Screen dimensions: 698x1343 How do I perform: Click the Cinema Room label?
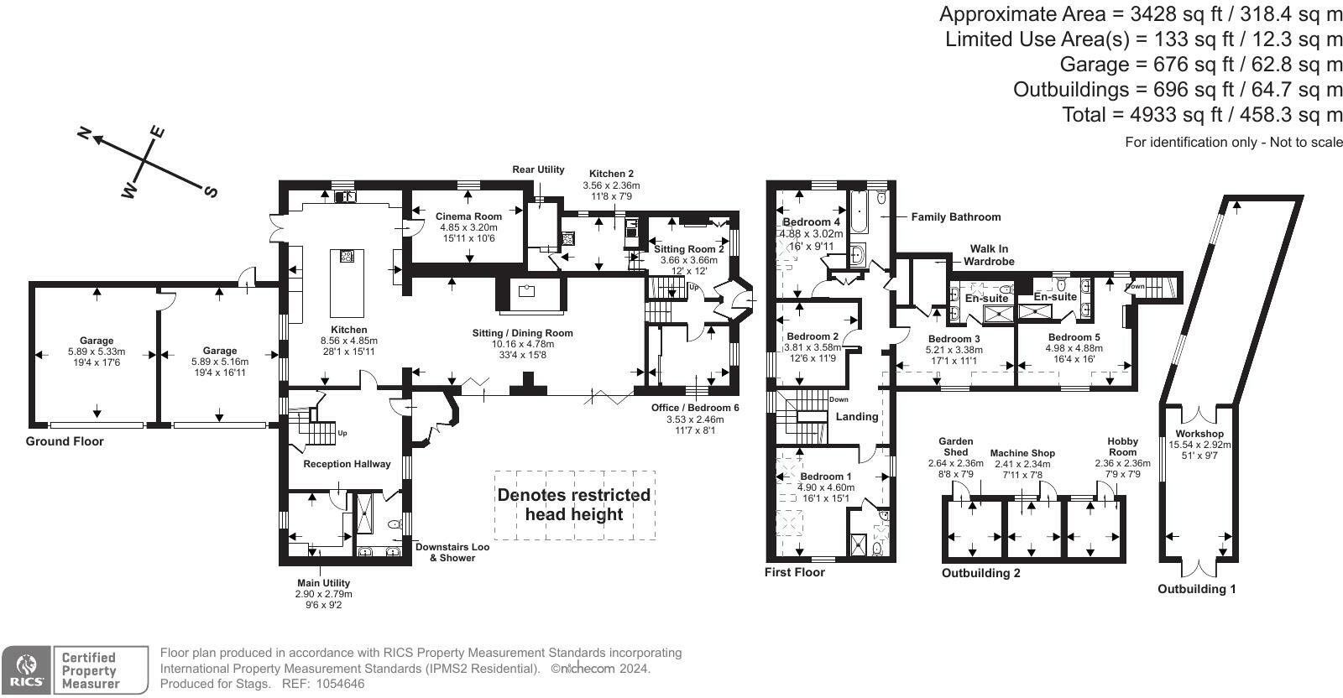point(468,216)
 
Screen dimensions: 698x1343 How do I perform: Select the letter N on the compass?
point(84,133)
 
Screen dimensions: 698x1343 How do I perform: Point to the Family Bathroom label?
point(955,216)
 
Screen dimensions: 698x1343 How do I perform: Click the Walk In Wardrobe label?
point(989,255)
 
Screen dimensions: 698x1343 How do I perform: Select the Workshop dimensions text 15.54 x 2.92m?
point(1199,445)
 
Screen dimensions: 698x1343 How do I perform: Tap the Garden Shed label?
point(955,446)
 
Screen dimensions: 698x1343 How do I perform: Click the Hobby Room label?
point(1122,446)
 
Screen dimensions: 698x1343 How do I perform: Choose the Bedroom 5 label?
point(1074,337)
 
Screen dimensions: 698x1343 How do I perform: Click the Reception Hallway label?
point(347,464)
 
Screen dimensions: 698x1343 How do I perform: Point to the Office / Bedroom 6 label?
point(695,408)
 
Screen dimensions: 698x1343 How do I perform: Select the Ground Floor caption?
point(65,441)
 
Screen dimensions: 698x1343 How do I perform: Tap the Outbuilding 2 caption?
point(980,574)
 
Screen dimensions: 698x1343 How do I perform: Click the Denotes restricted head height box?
point(574,504)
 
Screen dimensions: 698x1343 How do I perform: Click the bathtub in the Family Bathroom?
point(860,212)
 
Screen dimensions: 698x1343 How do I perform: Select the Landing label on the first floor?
point(857,416)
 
